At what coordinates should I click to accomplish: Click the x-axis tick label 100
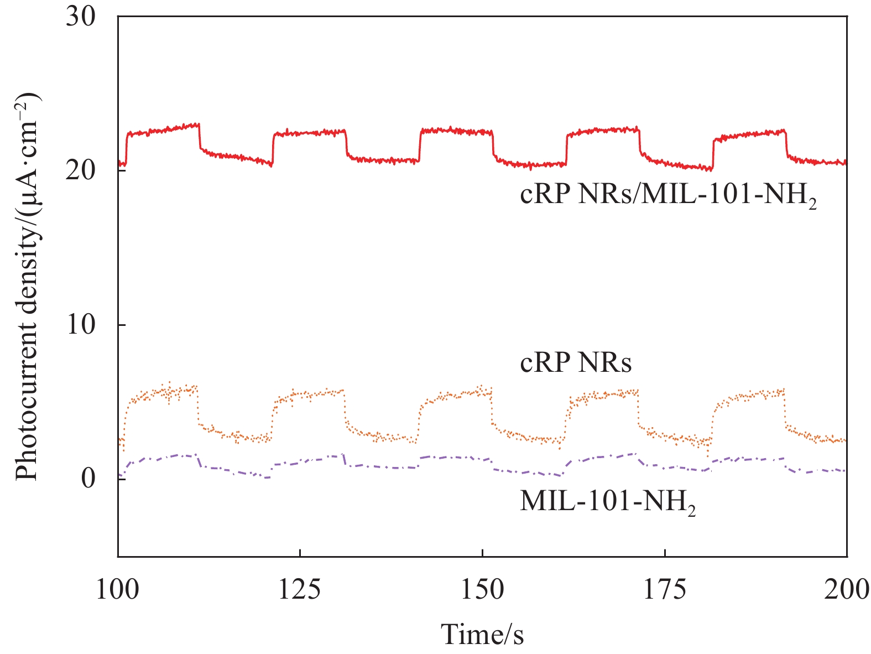tap(118, 590)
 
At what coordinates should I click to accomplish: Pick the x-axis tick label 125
tap(300, 590)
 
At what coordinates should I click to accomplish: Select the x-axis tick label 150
tap(482, 590)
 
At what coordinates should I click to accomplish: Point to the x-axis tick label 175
tap(664, 590)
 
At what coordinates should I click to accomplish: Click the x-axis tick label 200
tap(846, 590)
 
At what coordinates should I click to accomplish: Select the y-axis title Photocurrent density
tap(27, 288)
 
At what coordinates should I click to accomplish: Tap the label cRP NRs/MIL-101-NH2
tap(668, 196)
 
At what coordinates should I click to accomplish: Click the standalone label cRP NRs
tap(576, 364)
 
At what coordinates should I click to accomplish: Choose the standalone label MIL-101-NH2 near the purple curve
tap(607, 502)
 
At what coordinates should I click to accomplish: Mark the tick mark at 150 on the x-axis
tap(482, 553)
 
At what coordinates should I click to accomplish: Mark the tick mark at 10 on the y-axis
tap(122, 325)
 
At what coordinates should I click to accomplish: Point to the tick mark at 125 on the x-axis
tap(300, 553)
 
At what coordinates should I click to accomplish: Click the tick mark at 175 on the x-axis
tap(664, 553)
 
